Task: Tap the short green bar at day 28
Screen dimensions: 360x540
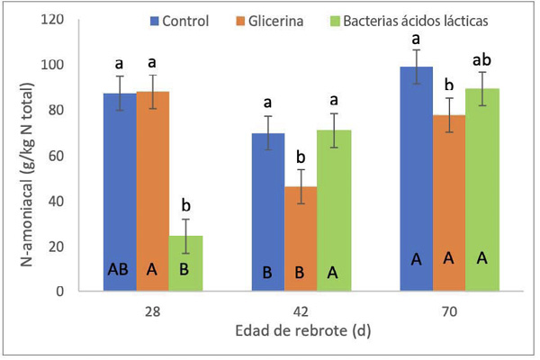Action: tap(186, 261)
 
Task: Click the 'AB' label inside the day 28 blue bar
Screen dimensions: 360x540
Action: tap(120, 268)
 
